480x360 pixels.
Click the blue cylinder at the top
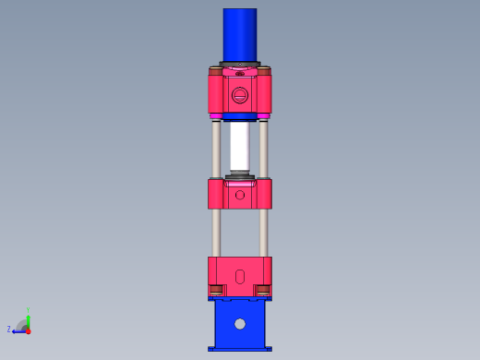(239, 35)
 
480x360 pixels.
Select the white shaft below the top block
(240, 146)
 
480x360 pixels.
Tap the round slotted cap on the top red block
(240, 94)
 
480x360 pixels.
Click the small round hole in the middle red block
(240, 195)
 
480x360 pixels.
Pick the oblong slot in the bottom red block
(240, 275)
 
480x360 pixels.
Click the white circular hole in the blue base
(240, 324)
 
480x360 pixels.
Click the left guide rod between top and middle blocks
(216, 148)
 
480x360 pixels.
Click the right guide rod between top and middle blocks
(264, 148)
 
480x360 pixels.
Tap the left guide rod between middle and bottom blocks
(216, 233)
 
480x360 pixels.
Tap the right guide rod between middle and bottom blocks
(264, 233)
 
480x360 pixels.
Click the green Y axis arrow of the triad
(29, 316)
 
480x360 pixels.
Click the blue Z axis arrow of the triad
(18, 330)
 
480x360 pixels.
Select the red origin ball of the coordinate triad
(29, 330)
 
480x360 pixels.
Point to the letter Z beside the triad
(9, 329)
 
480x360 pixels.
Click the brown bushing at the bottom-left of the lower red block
(217, 290)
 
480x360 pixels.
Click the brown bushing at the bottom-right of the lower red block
(263, 290)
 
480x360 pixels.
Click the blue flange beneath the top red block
(240, 117)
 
